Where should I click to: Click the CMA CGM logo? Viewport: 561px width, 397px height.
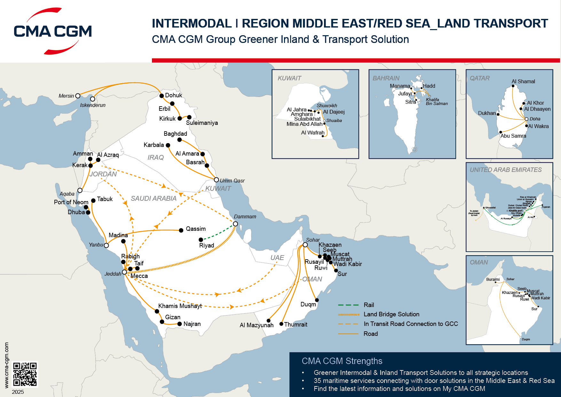53,31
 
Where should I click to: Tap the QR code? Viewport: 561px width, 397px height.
25,374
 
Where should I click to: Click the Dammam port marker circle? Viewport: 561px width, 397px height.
235,224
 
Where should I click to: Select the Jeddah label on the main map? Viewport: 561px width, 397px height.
113,274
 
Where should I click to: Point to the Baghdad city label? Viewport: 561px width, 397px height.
175,134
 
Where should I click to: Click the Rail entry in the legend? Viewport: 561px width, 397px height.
368,305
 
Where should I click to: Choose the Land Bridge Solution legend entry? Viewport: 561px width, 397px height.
391,314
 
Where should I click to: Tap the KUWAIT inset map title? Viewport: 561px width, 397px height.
289,78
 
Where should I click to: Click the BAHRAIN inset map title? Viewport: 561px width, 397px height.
386,78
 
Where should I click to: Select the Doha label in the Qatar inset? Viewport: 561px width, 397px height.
535,119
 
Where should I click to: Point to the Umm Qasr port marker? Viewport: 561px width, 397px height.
217,180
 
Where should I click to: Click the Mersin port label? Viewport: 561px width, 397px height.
66,96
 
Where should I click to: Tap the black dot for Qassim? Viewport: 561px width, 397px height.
181,230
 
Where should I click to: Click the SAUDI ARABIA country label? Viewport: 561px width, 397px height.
154,199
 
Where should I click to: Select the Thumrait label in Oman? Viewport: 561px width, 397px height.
296,324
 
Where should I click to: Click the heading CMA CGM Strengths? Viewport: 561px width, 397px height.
342,361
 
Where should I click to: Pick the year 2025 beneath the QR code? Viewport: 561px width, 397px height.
18,392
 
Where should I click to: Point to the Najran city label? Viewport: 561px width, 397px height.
192,324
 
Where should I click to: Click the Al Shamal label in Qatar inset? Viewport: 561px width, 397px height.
523,81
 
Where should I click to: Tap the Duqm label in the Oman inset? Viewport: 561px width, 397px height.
526,339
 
